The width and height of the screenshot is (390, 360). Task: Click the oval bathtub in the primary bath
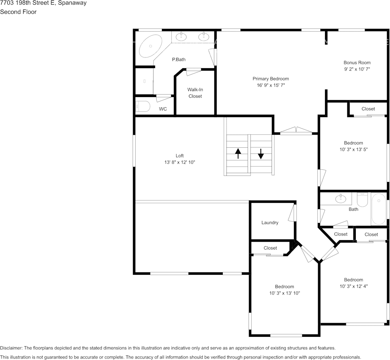coord(151,46)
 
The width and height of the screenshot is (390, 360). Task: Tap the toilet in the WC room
coord(143,107)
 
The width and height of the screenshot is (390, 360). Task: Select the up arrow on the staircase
coord(238,153)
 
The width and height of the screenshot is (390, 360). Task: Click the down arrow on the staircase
coord(261,154)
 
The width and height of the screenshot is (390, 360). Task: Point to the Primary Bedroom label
coord(271,79)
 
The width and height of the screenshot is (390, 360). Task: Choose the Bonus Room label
coord(357,62)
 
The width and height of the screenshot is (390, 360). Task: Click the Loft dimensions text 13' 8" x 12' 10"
coord(179,162)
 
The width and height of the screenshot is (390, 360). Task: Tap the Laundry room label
coord(270,223)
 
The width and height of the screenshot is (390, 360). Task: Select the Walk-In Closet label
coord(195,93)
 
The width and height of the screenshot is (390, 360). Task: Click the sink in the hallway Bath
coord(341,198)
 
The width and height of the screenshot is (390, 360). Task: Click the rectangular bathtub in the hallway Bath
coord(379,209)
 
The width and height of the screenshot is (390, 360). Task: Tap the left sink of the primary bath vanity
coord(181,37)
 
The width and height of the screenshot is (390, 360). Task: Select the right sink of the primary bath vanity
coord(204,37)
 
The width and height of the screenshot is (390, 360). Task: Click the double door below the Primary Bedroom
coord(296,131)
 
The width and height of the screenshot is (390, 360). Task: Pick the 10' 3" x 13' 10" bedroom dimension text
coord(285,293)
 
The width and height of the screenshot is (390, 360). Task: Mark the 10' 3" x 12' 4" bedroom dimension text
coord(354,286)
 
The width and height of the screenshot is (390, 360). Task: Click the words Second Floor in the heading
coord(18,12)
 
